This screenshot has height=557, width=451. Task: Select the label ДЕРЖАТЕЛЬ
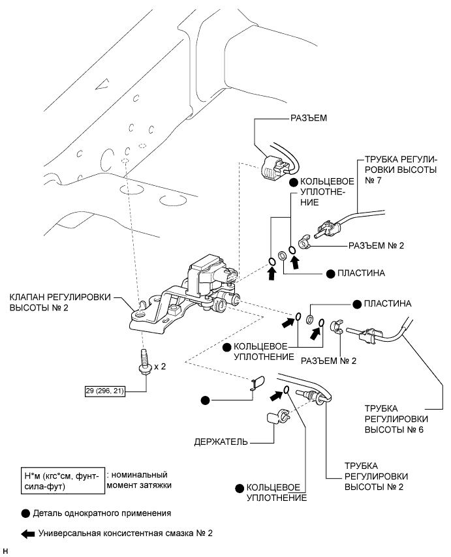(x=221, y=442)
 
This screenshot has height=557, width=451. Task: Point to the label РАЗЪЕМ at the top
(x=309, y=118)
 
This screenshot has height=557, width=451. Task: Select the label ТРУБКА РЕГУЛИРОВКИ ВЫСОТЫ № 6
(x=394, y=419)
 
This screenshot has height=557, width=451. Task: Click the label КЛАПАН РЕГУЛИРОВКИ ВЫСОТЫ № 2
(x=60, y=302)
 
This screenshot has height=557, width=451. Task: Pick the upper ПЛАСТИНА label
(x=361, y=273)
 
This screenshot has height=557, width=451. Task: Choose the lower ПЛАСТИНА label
(x=388, y=304)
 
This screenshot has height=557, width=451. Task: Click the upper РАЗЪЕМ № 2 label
(x=376, y=245)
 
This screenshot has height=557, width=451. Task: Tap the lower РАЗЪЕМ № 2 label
(x=328, y=361)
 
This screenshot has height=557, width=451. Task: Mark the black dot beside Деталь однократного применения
(x=25, y=514)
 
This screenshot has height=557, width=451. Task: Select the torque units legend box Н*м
(x=63, y=481)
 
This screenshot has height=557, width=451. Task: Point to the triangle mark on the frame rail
(x=102, y=84)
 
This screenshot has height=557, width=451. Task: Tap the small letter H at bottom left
(x=5, y=551)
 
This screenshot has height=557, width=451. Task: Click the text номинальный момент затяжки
(x=139, y=480)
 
